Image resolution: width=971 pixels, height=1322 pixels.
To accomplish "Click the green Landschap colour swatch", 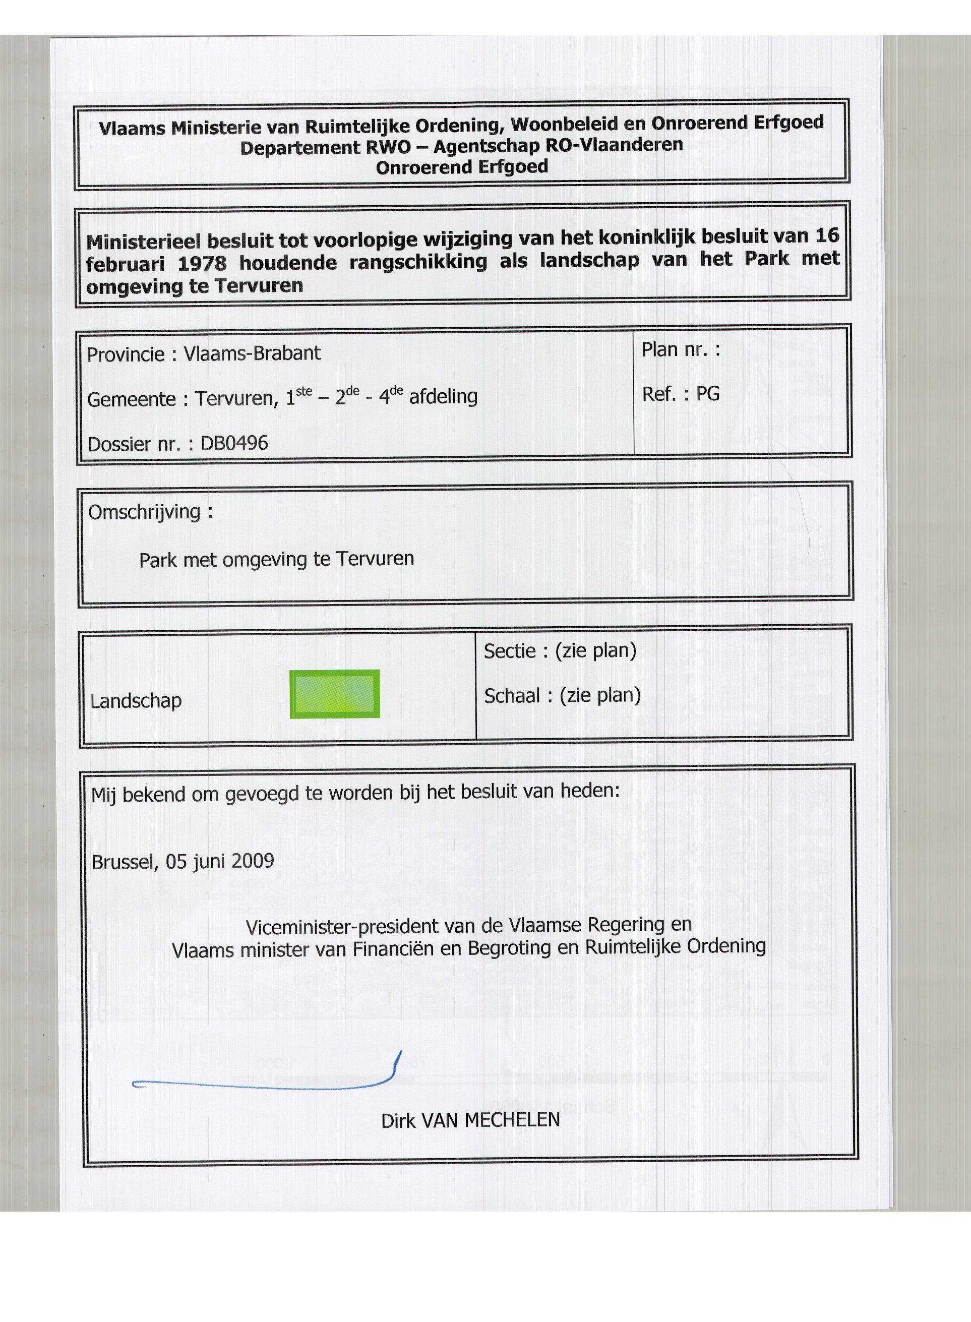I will tap(334, 694).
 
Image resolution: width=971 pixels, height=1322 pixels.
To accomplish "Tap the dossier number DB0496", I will tap(234, 443).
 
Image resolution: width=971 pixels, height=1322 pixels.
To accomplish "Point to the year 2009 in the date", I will tap(253, 861).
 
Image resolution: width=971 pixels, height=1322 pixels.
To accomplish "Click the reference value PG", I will tap(708, 394).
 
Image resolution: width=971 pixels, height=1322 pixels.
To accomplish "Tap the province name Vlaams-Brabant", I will tap(252, 353).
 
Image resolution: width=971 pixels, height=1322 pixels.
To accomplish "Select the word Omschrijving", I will tap(145, 512).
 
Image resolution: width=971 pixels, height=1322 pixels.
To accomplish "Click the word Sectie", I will tap(510, 651).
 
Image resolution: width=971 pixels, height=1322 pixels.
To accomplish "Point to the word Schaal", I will tap(512, 696).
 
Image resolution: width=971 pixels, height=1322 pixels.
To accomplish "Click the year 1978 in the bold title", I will tap(202, 263).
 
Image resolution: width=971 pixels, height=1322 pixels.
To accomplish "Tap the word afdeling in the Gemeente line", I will tap(443, 397).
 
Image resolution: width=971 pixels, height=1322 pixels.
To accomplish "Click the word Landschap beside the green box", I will tap(136, 701).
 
